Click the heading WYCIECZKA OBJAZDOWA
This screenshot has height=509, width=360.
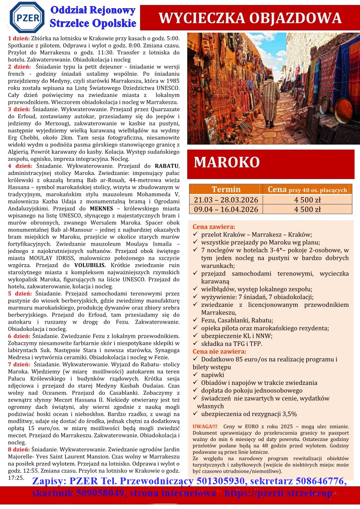(x=250, y=18)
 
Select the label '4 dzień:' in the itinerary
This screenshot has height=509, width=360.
(x=19, y=166)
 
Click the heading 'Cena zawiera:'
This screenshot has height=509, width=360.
(x=214, y=227)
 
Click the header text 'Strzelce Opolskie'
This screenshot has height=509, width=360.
(x=93, y=23)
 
